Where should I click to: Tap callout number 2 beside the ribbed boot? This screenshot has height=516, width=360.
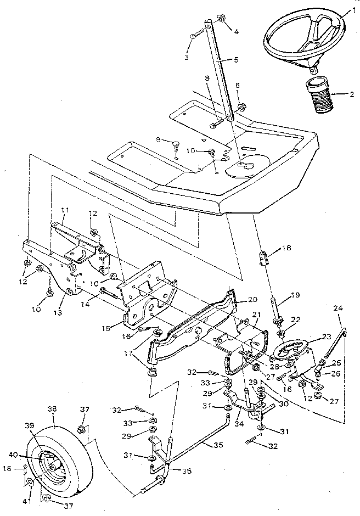[352, 94]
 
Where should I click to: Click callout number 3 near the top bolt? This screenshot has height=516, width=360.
[186, 57]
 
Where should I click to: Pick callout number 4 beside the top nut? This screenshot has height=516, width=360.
[236, 32]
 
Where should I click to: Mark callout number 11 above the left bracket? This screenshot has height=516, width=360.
[65, 210]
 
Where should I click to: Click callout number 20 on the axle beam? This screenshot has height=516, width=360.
[252, 300]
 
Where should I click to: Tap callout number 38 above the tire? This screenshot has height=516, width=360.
[53, 409]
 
